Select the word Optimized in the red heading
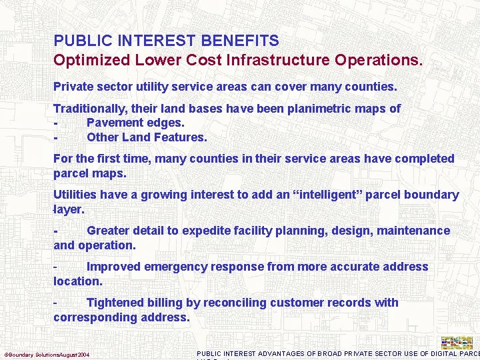pos(87,60)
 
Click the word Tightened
pos(115,303)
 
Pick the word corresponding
pos(91,317)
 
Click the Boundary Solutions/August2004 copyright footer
pos(47,353)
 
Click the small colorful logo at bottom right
pos(457,342)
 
